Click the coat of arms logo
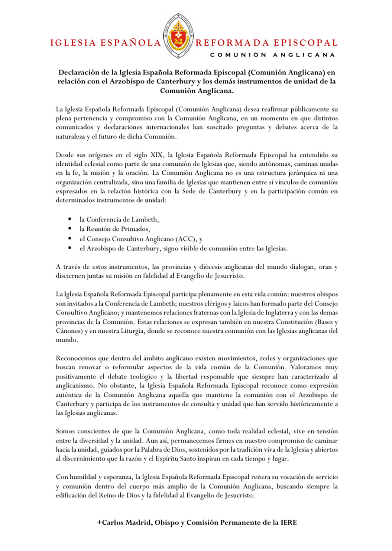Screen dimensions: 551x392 tap(178, 36)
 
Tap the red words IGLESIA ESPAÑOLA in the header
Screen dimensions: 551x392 tap(105, 43)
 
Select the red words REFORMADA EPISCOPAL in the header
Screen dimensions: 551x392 tap(267, 43)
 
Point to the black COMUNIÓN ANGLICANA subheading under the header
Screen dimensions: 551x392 tap(273, 55)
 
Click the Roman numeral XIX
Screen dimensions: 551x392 tap(156, 155)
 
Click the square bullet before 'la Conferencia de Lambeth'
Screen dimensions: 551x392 tap(70, 219)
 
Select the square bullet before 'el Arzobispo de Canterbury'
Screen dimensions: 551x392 tap(70, 248)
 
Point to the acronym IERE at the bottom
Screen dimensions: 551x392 tap(289, 523)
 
